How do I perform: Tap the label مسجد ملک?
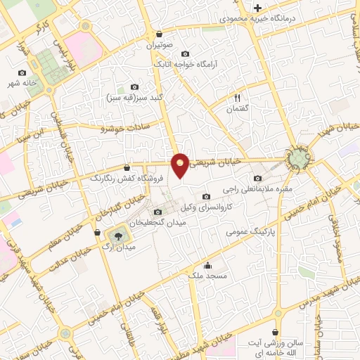[x=208, y=276]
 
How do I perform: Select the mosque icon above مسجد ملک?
[x=208, y=265]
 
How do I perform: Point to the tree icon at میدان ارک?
[x=117, y=237]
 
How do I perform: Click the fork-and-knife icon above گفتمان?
[x=237, y=98]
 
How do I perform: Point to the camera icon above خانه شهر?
[x=22, y=73]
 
